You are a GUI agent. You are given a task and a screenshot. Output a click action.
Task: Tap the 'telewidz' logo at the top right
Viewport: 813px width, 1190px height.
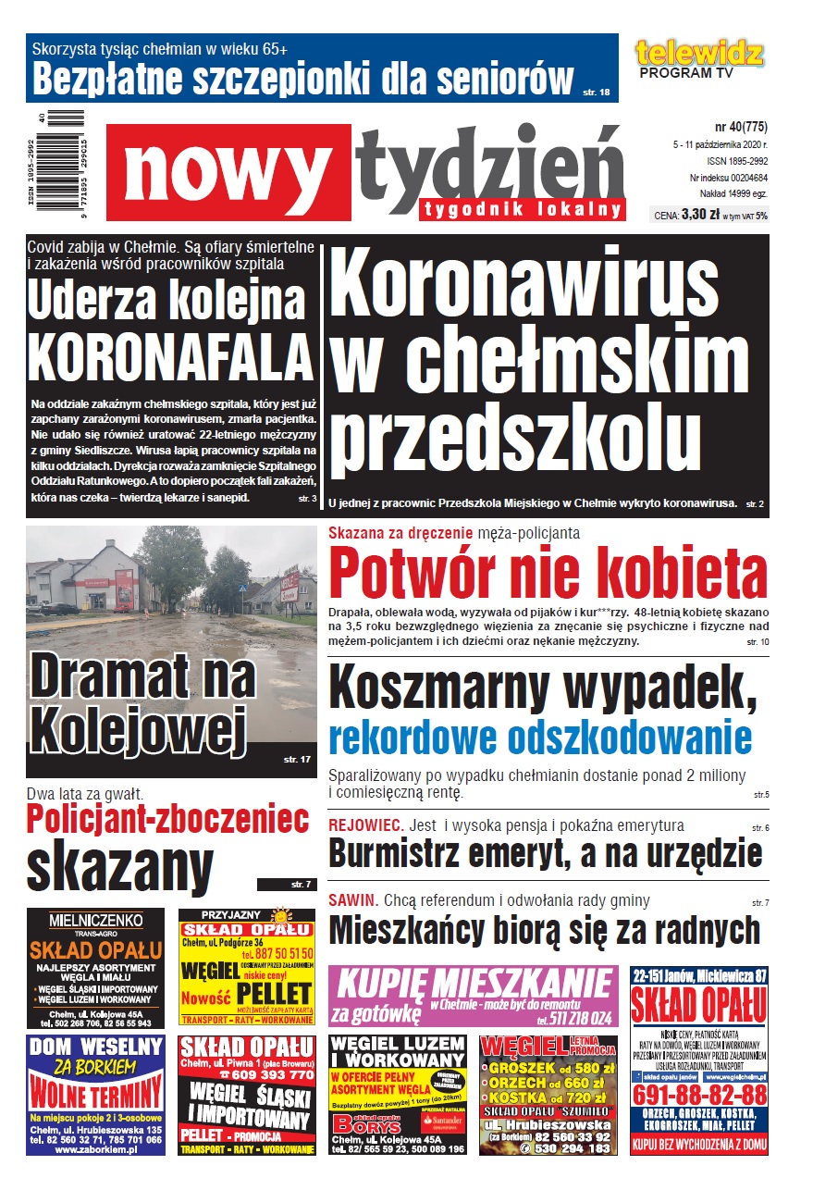pyautogui.click(x=699, y=54)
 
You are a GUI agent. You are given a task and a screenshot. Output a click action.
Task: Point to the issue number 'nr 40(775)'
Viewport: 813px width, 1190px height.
pyautogui.click(x=741, y=127)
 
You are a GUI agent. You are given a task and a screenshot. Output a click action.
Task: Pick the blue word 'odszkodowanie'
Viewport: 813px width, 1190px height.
pyautogui.click(x=540, y=738)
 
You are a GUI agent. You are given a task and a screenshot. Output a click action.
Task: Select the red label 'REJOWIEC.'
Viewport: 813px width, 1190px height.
pyautogui.click(x=365, y=825)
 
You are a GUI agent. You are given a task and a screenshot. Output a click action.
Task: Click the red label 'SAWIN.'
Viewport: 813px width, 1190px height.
pyautogui.click(x=352, y=900)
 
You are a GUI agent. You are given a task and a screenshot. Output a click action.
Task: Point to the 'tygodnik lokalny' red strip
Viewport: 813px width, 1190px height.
pyautogui.click(x=522, y=210)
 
